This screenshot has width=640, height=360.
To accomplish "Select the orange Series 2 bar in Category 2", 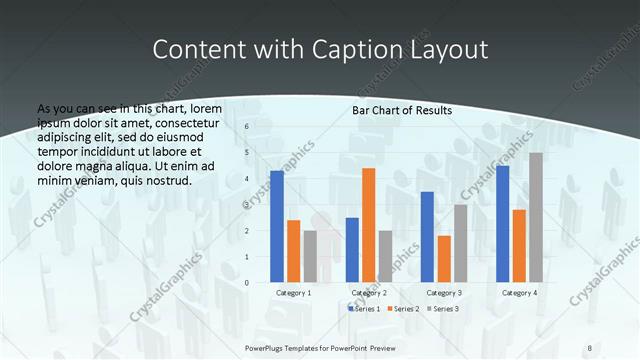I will (x=369, y=225).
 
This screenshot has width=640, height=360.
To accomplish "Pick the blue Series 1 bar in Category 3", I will (x=427, y=237).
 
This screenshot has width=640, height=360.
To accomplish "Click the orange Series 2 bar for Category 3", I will (x=444, y=259).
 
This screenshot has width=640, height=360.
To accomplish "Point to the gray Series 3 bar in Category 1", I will (x=310, y=256).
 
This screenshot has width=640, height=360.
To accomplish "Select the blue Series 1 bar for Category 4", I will (x=502, y=224).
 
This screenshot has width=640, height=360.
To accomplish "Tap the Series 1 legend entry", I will (x=364, y=309).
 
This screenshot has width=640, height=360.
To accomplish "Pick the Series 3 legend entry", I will (x=443, y=309).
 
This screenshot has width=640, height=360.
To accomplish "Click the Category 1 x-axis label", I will (x=293, y=293).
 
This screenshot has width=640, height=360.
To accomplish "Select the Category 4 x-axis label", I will (x=519, y=293).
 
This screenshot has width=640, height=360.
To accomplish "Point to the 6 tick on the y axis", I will (x=247, y=127).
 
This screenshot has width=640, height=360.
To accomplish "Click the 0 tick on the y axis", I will (x=247, y=283).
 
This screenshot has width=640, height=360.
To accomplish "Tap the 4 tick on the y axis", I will (x=247, y=179).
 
